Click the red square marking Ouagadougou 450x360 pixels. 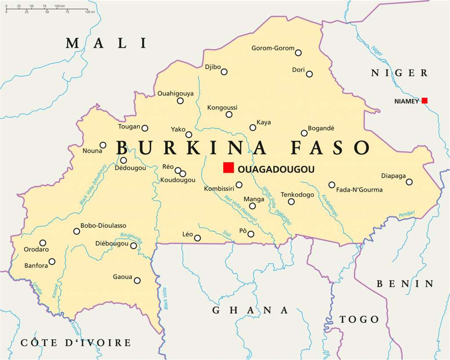pos(229,168)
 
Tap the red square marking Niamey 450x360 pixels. pos(425,101)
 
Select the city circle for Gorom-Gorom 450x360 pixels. pos(298,53)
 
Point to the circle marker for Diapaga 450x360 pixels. pos(409,182)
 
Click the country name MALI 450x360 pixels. pos(106,43)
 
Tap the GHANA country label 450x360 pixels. pos(250,310)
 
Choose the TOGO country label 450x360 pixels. pos(359,320)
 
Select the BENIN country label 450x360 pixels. pos(405,284)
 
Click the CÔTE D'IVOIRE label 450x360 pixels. pos(76,343)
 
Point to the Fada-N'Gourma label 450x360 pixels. pos(359,190)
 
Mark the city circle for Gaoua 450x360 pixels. pos(137,280)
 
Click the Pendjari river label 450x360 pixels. pos(407,215)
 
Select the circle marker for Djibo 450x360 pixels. pos(224,72)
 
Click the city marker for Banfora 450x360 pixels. pos(52,262)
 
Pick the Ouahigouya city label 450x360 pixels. pos(175,93)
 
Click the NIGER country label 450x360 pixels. pos(399,73)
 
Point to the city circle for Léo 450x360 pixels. pos(197,238)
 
